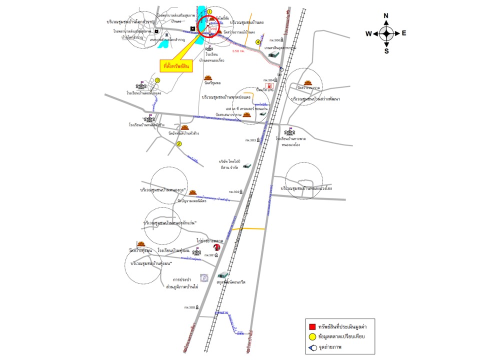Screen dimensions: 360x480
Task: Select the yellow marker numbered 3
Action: pos(157,80)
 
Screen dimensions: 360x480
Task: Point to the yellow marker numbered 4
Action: pos(258,42)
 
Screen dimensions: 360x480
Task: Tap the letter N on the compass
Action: pos(386,15)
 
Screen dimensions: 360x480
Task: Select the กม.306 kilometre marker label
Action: pos(274,40)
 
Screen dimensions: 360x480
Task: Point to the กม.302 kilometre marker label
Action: pos(234,192)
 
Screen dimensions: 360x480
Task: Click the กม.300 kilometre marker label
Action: pos(189,307)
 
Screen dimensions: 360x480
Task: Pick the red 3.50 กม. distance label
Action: pos(239,50)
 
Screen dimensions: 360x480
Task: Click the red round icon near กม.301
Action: pos(217,247)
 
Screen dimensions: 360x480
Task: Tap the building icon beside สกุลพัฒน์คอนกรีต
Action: pos(223,274)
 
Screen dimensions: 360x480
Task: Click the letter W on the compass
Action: pos(368,34)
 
